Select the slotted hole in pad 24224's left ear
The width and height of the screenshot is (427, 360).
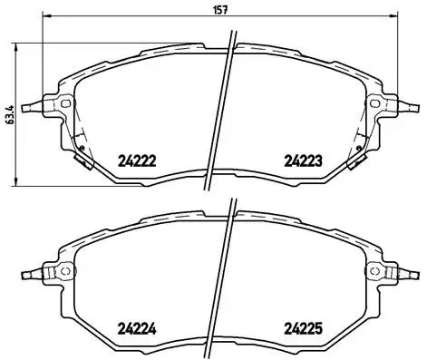coord(66,272)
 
